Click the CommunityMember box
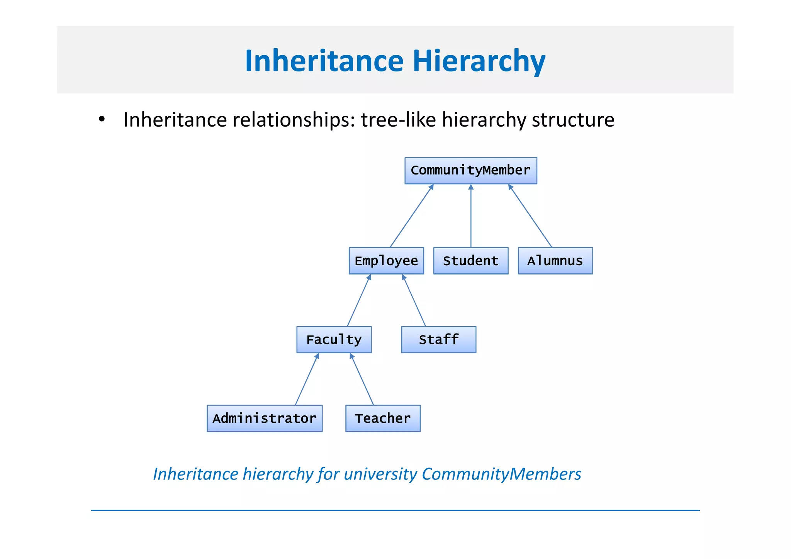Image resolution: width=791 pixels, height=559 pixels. pos(470,170)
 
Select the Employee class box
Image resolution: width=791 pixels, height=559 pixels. pos(386,261)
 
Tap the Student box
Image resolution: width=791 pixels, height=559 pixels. pos(470,261)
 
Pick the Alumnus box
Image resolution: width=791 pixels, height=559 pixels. pos(555,261)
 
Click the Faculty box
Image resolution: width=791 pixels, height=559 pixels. pos(334,340)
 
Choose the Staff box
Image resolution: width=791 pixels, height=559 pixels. pos(438,340)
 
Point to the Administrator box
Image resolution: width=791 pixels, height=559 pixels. pos(265,418)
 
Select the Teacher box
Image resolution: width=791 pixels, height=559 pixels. pos(383,418)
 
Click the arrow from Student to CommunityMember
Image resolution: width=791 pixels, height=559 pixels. pos(471,216)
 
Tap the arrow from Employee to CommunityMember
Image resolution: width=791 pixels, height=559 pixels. pos(411,216)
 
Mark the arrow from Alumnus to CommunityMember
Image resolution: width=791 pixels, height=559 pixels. pos(530,216)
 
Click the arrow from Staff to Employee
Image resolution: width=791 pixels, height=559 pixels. pos(414,300)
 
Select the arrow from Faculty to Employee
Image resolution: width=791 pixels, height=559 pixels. pos(359,300)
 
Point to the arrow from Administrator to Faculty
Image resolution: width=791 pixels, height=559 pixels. pos(307,379)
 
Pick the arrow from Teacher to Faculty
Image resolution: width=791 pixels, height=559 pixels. pos(362,379)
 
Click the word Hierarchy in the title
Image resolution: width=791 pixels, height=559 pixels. pos(479,61)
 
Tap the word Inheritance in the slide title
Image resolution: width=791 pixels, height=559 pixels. pos(324,61)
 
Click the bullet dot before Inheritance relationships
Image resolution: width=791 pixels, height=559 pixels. pos(102,119)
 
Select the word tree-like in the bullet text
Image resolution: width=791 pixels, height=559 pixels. pos(398,120)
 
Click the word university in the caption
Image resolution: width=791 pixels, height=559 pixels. pos(380,474)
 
